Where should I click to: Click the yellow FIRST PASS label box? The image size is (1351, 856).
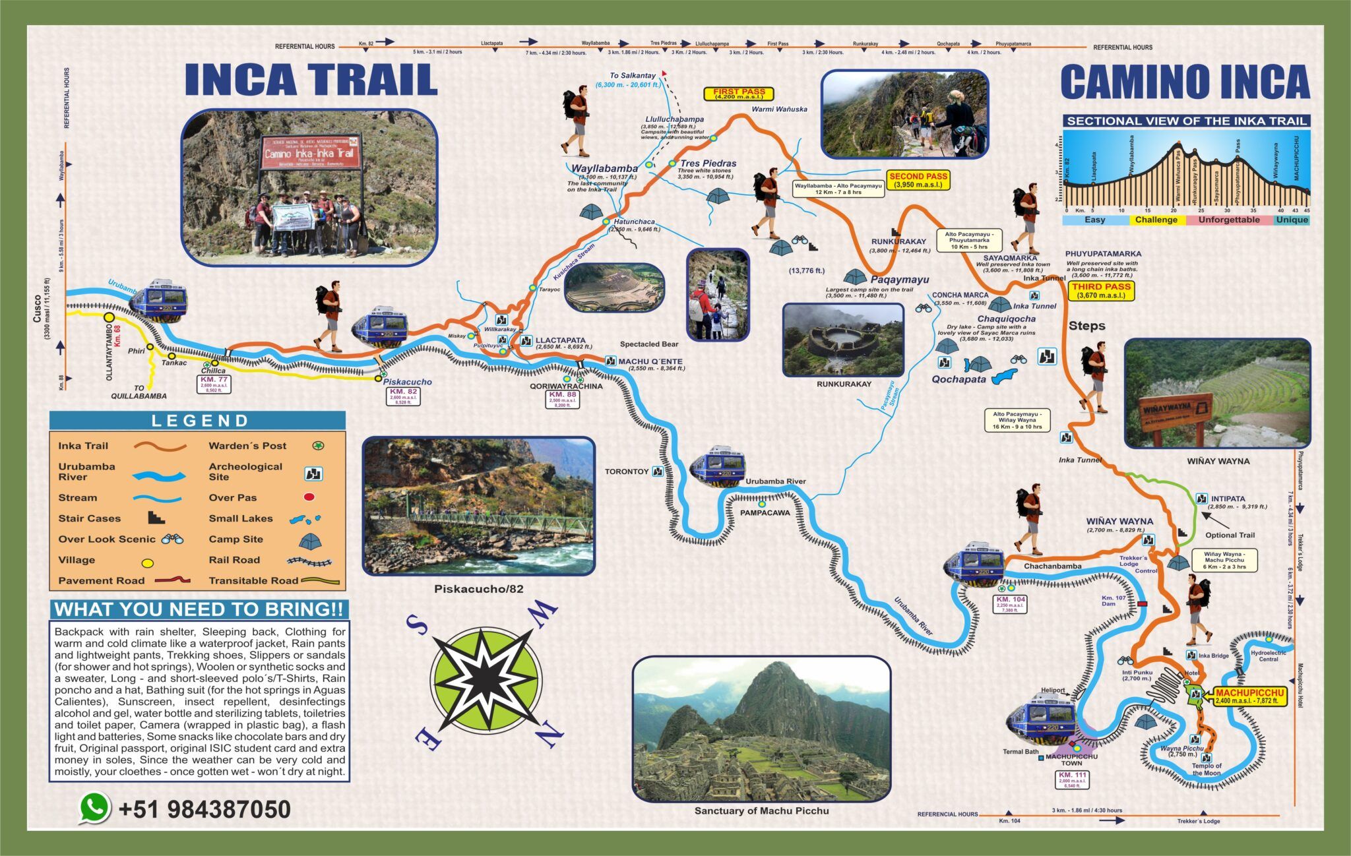click(738, 94)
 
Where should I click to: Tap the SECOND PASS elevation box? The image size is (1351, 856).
click(918, 181)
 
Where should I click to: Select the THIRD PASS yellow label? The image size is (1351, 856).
click(1101, 291)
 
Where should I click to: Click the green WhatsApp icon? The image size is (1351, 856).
click(95, 808)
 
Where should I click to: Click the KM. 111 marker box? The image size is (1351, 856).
click(1072, 780)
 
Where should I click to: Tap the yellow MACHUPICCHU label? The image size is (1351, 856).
click(1249, 696)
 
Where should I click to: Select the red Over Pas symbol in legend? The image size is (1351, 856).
click(309, 497)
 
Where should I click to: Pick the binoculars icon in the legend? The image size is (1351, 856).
click(173, 539)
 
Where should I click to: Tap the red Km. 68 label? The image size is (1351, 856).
click(118, 336)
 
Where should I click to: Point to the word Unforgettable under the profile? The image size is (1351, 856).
click(1228, 220)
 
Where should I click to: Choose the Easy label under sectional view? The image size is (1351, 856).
click(1094, 220)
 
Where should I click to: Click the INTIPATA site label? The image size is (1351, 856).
click(1228, 499)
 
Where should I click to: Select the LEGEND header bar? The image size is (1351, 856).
click(197, 421)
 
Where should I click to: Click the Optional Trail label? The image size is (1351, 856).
click(1230, 535)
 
